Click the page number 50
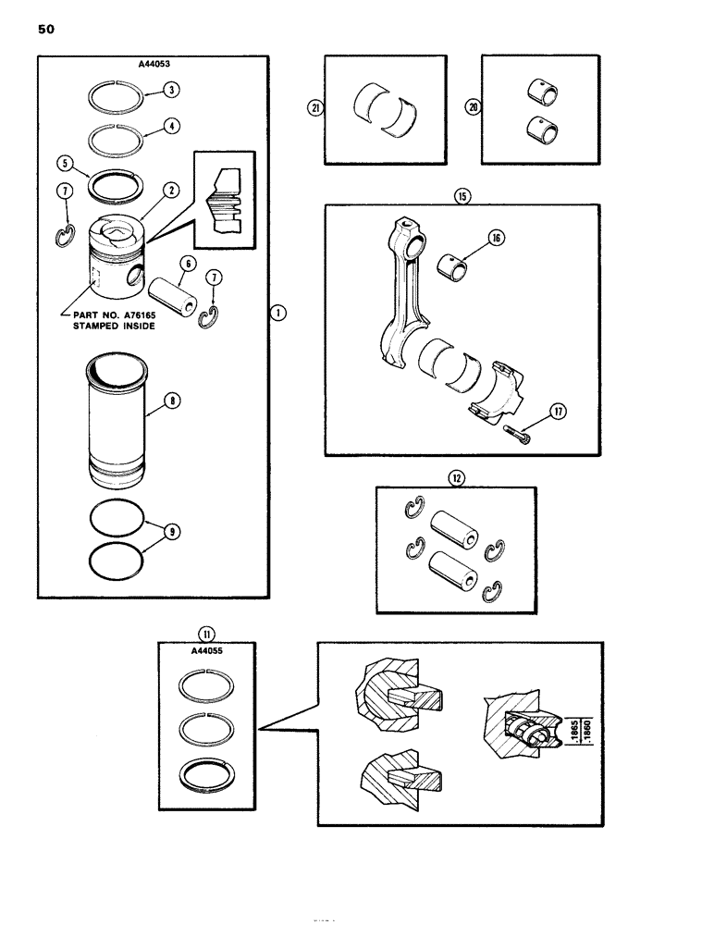pos(46,30)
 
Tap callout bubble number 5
pos(65,161)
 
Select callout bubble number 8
pos(172,402)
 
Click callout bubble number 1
pos(278,314)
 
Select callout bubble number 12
pos(456,478)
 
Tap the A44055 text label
pos(204,650)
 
